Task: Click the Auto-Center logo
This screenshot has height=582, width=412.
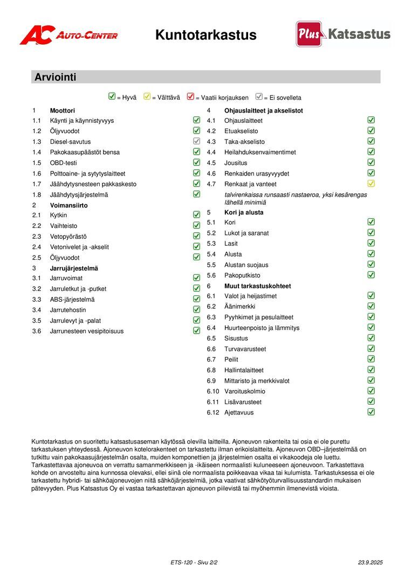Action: click(68, 35)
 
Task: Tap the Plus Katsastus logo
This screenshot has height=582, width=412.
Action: click(343, 34)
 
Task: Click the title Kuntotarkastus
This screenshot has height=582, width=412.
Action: click(206, 35)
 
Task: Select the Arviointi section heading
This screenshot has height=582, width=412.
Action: click(56, 77)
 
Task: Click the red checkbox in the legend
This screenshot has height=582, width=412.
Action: click(190, 97)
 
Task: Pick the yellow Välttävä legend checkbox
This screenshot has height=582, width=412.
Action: click(147, 97)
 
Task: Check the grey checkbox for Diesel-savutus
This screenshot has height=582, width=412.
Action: click(197, 141)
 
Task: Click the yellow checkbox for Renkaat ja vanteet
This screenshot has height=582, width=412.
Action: click(371, 184)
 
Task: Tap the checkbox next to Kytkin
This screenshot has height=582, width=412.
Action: click(197, 215)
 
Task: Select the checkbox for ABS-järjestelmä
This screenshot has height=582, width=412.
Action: click(197, 299)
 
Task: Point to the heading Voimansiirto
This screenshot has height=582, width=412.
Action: click(68, 205)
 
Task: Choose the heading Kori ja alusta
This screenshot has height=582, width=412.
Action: click(244, 212)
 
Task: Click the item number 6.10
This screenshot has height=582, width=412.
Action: click(213, 391)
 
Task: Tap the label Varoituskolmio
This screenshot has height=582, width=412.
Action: click(245, 391)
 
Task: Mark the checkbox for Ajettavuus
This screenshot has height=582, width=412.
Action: click(371, 412)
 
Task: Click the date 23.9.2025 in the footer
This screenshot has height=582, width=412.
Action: click(370, 563)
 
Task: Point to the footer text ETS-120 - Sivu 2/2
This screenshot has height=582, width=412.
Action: click(194, 563)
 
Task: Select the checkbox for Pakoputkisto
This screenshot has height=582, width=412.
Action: click(371, 275)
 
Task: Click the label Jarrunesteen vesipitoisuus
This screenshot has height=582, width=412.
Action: click(87, 331)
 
